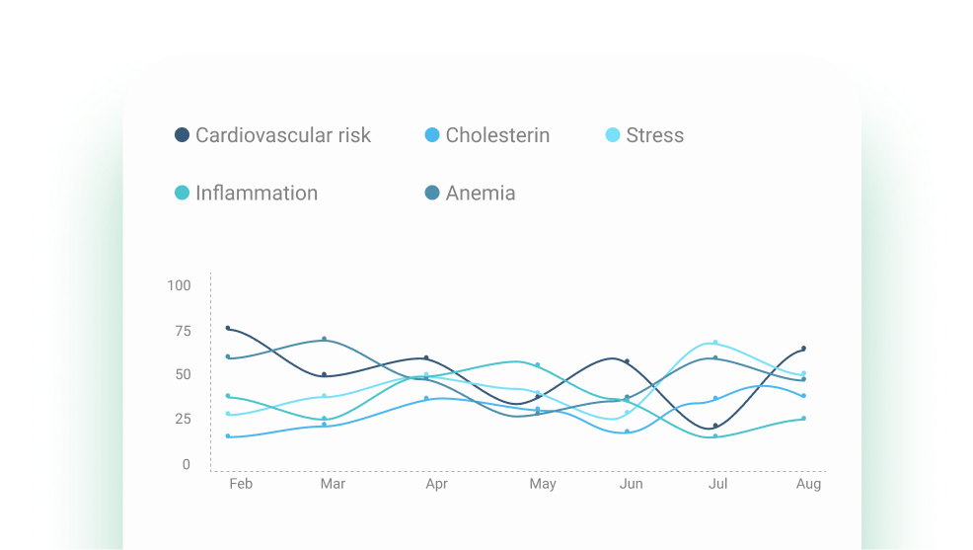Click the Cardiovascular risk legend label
point(282,135)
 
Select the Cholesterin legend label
point(497,135)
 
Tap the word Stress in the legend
point(654,135)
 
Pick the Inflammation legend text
point(257,193)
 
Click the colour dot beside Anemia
point(432,193)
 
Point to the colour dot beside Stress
point(613,135)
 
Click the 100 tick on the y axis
point(179,285)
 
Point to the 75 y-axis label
point(183,331)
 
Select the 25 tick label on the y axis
point(183,419)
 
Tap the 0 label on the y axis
point(187,464)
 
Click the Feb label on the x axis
point(241,484)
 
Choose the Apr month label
point(436,484)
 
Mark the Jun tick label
point(631,484)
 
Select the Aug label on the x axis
point(809,484)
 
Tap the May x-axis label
point(543,484)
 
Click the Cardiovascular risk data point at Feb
point(228,328)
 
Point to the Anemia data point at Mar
point(324,339)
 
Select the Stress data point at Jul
point(715,343)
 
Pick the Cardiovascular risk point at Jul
point(715,427)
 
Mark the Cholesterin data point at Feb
point(228,435)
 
